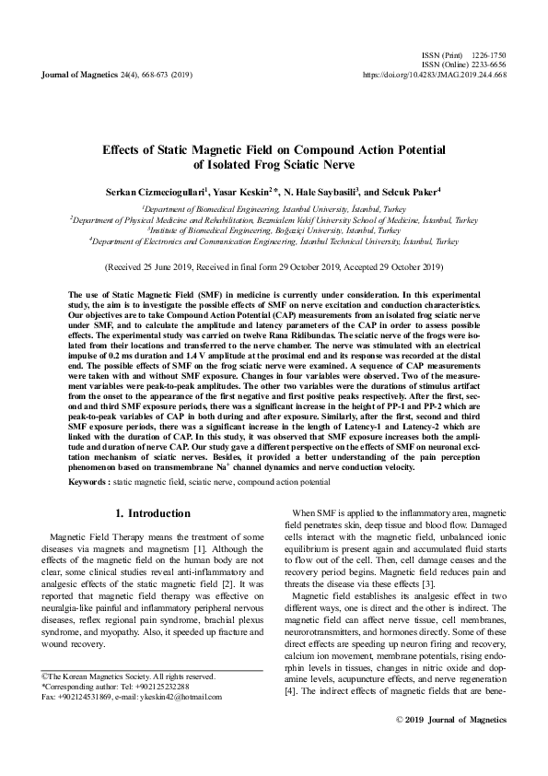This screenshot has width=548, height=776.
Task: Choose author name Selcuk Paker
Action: [x=411, y=192]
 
